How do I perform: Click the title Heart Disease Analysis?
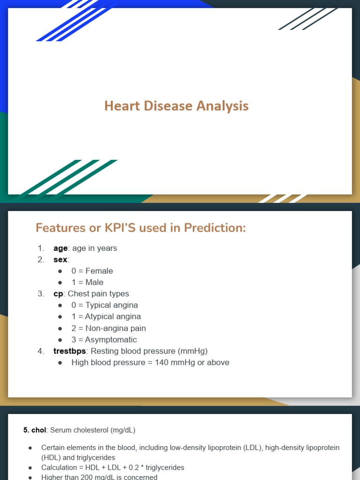point(176,106)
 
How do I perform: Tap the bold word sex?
point(60,260)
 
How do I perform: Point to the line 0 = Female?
point(92,271)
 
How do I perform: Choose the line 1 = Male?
point(87,282)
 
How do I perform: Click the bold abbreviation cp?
point(58,294)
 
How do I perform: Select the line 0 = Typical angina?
point(105,305)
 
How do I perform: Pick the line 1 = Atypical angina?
point(106,317)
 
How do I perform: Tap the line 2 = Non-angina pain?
point(108,328)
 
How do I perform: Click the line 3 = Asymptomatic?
point(104,340)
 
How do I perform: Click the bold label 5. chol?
point(35,430)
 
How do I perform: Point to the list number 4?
point(41,351)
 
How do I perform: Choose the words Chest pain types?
point(98,294)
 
